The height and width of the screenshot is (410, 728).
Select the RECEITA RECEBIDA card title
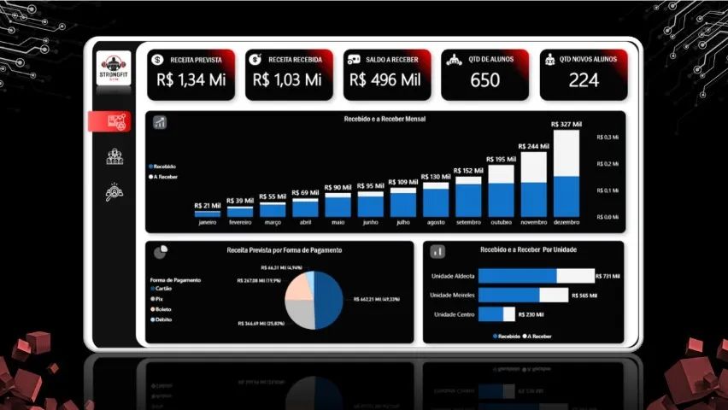pyautogui.click(x=295, y=60)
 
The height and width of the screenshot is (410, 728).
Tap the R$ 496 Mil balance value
pyautogui.click(x=385, y=80)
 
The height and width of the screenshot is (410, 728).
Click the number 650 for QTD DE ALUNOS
pyautogui.click(x=485, y=80)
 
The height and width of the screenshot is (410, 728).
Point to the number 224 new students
pyautogui.click(x=584, y=80)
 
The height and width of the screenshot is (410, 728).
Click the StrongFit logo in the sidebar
pyautogui.click(x=114, y=67)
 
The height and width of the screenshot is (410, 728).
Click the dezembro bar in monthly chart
pyautogui.click(x=566, y=175)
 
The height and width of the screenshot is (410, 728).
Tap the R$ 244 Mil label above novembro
pyautogui.click(x=534, y=147)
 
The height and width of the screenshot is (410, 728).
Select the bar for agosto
pyautogui.click(x=436, y=199)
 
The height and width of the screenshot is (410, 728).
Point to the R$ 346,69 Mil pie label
pyautogui.click(x=263, y=324)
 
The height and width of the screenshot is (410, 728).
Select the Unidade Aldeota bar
pyautogui.click(x=536, y=276)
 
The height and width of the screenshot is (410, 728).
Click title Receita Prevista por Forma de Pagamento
pyautogui.click(x=285, y=250)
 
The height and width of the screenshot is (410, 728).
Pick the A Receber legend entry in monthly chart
pyautogui.click(x=166, y=176)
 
